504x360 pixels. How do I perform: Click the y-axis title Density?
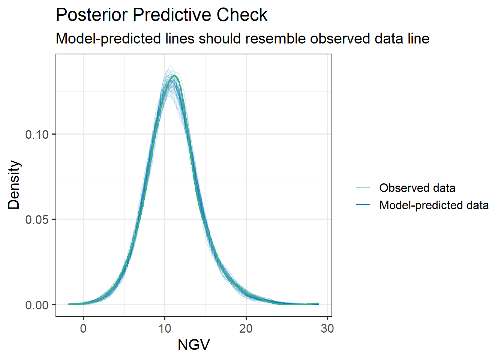point(14,185)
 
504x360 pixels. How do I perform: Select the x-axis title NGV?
point(193,345)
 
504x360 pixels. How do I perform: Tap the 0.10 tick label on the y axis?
point(37,134)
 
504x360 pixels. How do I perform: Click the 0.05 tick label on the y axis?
point(37,219)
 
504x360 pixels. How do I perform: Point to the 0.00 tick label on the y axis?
point(37,305)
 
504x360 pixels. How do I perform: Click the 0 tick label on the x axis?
point(83,328)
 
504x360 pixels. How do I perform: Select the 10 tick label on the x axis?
point(165,328)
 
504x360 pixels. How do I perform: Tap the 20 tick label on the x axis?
point(246,328)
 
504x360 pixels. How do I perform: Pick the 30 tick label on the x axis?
point(327,328)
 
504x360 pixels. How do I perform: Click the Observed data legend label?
point(417,188)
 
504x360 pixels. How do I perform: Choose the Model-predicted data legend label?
point(434,205)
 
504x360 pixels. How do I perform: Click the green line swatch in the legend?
point(363,187)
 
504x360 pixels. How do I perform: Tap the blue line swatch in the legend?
point(363,205)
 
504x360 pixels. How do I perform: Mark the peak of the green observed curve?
point(174,76)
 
